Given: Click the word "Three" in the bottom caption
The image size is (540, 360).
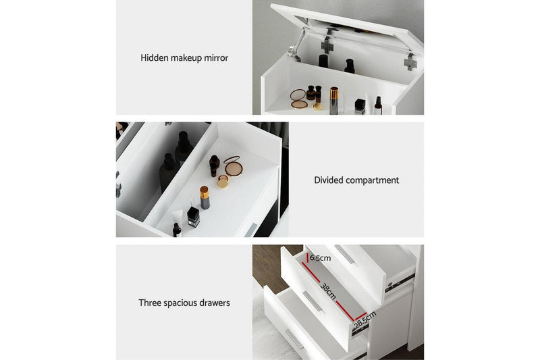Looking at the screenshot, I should [151, 303].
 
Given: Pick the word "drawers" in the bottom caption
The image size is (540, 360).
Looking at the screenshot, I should [214, 303].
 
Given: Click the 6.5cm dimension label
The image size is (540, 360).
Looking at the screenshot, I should [321, 258].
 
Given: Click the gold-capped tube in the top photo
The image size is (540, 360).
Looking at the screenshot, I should [333, 99].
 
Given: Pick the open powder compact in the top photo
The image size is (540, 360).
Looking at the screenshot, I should [299, 100].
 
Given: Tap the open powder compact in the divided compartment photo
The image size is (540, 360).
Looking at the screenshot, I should [233, 165].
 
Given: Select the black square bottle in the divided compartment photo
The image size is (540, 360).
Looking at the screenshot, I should [193, 217].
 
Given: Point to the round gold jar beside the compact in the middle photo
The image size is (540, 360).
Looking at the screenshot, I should [223, 181].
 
